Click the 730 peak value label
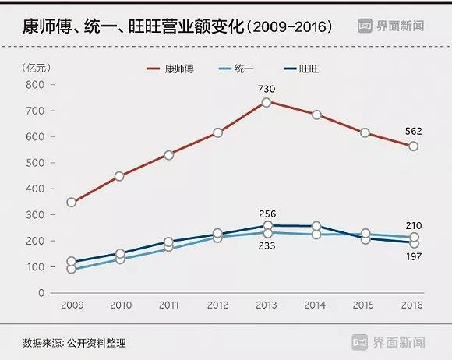[267, 88]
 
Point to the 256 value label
[267, 214]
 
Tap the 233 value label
[267, 245]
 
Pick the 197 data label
[414, 256]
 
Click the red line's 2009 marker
[72, 202]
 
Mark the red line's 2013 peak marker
[267, 102]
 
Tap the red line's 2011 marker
[169, 154]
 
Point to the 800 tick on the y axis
[34, 85]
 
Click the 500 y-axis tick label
[34, 163]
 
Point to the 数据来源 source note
[74, 342]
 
